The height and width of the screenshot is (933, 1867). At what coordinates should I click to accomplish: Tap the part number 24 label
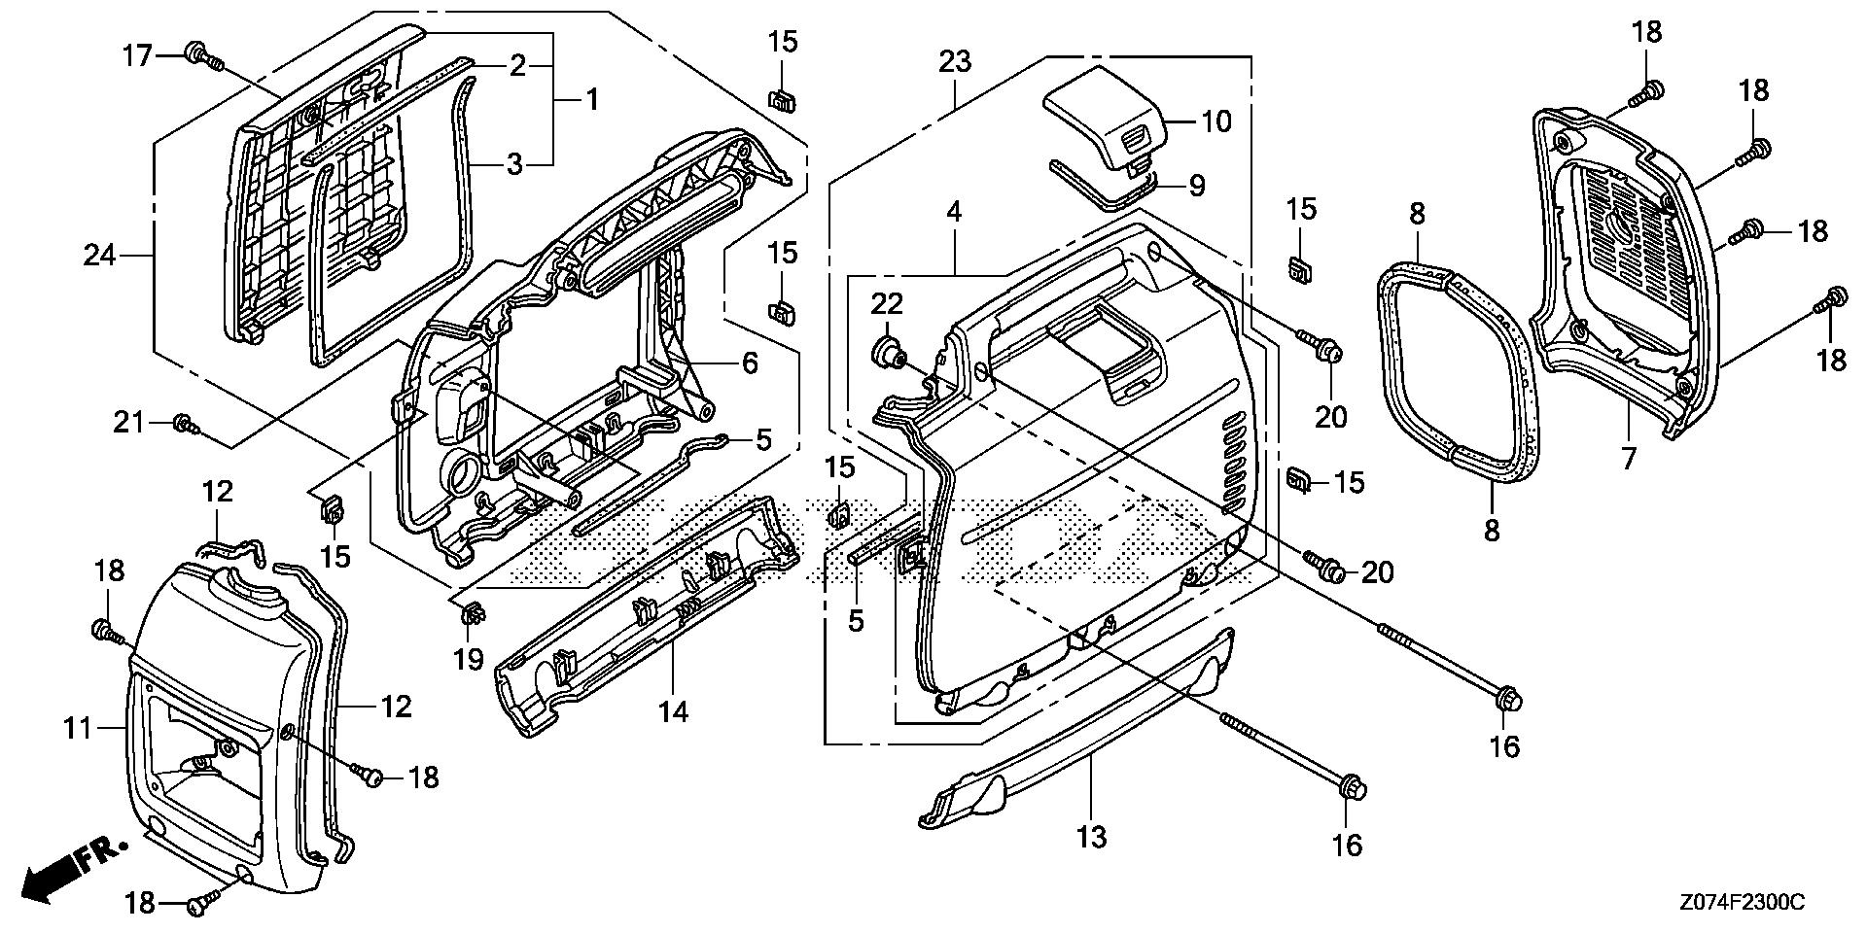pyautogui.click(x=99, y=256)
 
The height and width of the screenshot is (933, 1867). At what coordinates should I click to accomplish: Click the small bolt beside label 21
pyautogui.click(x=183, y=424)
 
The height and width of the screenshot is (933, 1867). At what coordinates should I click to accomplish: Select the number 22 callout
pyautogui.click(x=887, y=303)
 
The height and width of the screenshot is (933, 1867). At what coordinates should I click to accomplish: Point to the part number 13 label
pyautogui.click(x=1092, y=836)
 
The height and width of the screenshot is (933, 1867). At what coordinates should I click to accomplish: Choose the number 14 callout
pyautogui.click(x=673, y=712)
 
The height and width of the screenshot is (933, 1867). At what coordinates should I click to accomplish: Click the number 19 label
pyautogui.click(x=469, y=660)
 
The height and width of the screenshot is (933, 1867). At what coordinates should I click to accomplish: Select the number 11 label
pyautogui.click(x=79, y=727)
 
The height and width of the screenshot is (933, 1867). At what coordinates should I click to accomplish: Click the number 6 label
pyautogui.click(x=750, y=363)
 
